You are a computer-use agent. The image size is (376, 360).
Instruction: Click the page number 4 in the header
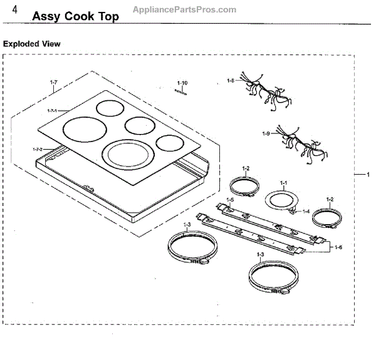click(23, 12)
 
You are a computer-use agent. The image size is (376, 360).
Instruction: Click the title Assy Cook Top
click(75, 16)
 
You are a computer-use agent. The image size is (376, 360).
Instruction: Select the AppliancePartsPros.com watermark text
click(185, 9)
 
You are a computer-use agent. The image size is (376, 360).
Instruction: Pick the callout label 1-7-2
click(38, 149)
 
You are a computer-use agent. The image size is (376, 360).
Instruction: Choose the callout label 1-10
click(182, 83)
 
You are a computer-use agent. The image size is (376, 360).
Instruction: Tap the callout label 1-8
click(231, 81)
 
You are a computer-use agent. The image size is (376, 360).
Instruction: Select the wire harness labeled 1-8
click(266, 94)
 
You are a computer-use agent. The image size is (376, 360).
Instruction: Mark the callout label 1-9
click(266, 133)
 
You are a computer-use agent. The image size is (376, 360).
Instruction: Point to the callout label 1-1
click(283, 183)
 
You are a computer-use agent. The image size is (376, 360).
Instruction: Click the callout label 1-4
click(306, 211)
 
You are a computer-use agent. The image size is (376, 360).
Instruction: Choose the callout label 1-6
click(338, 247)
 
